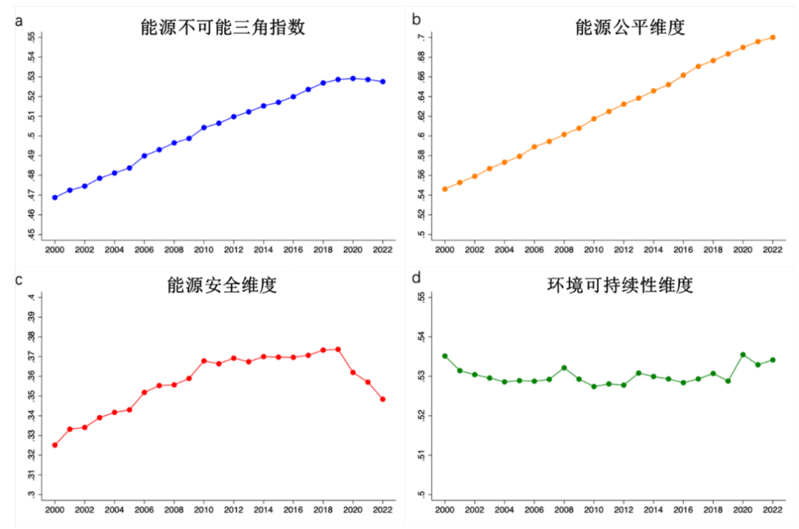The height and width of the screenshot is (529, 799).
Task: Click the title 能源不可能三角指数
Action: point(223,27)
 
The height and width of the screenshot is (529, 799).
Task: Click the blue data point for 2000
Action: point(55,198)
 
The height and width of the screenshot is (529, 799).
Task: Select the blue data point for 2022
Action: point(382,81)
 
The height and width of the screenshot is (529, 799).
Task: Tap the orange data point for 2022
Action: point(772,37)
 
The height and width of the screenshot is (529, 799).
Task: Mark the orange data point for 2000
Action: point(445,189)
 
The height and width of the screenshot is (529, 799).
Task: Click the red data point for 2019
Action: point(338,350)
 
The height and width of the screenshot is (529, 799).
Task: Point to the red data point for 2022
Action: point(382,399)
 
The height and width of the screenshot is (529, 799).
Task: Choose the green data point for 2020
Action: point(743,355)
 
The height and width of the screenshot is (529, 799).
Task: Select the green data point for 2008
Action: point(564,367)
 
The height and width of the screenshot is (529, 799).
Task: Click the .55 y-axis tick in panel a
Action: point(32,37)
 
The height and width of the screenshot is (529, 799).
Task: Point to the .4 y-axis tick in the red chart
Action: point(32,297)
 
